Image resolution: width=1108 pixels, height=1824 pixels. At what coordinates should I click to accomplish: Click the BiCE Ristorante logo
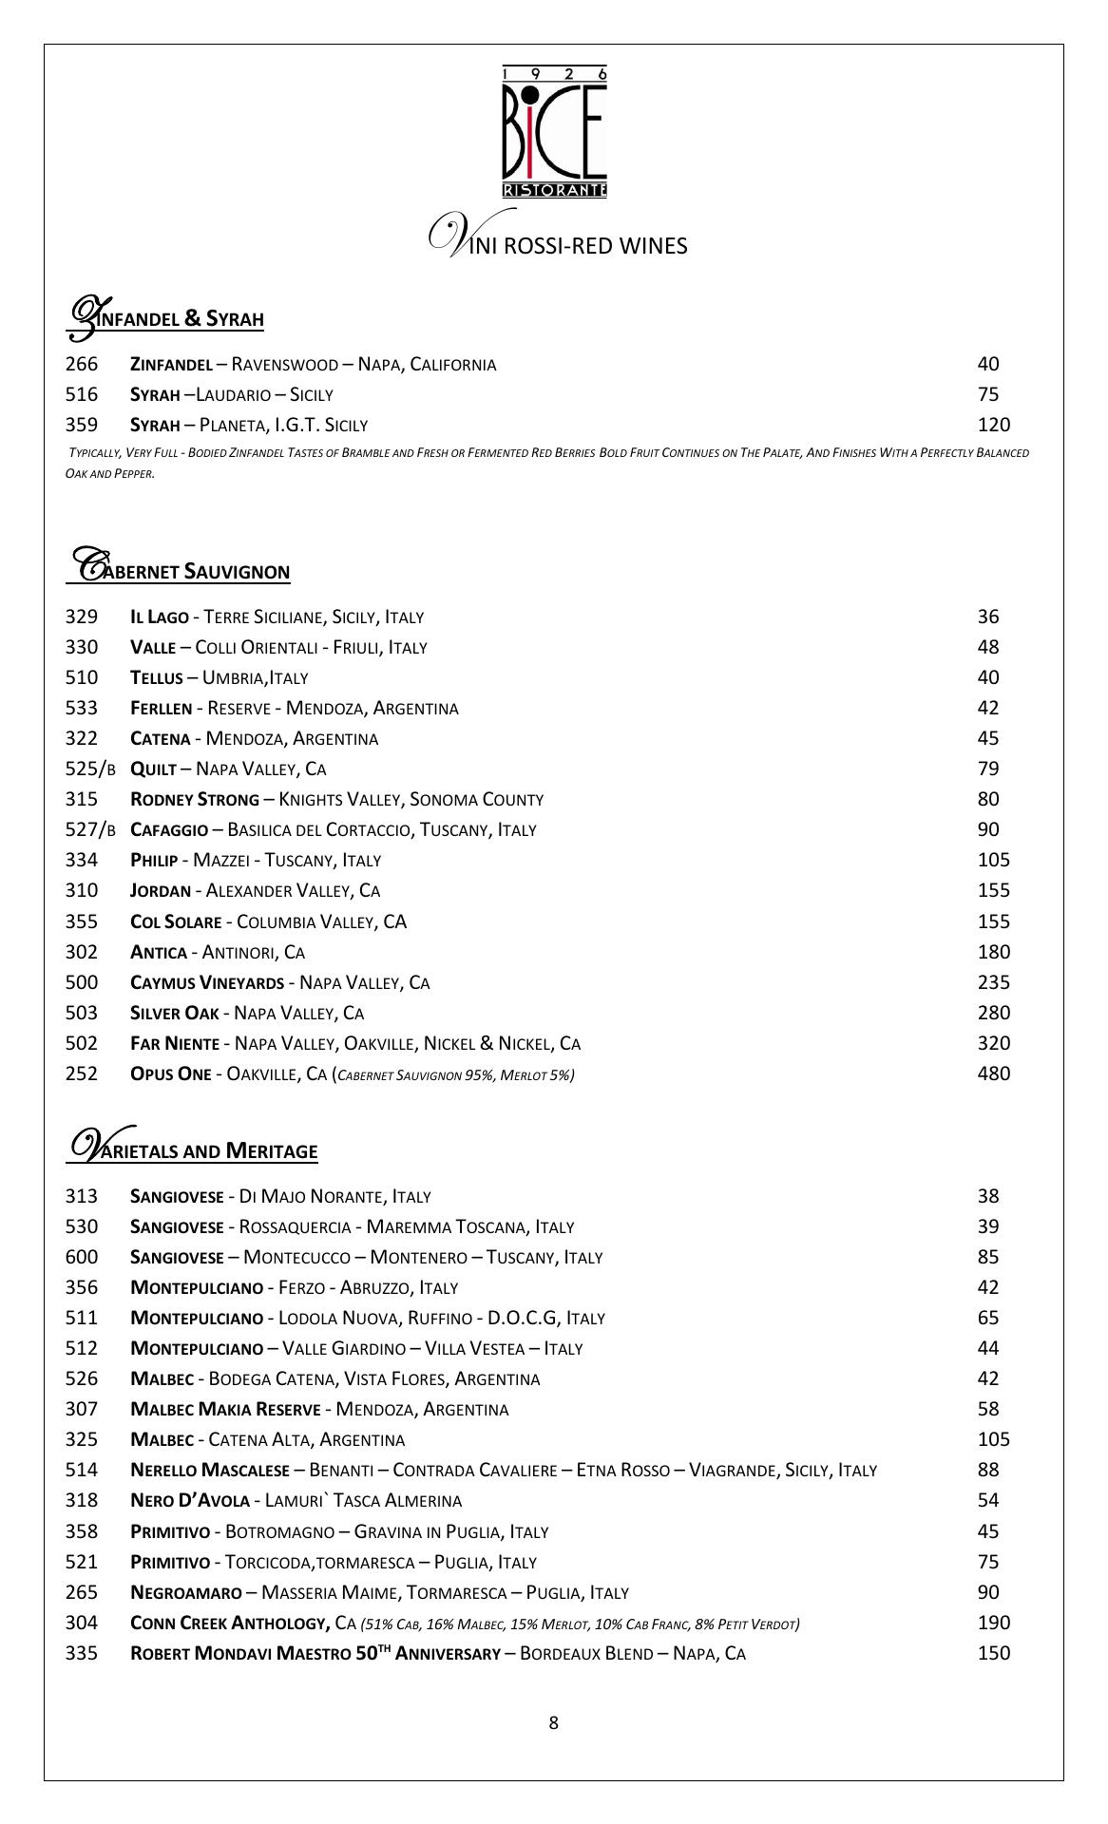[x=554, y=132]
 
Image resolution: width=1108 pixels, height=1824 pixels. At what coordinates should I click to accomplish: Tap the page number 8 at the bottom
[x=554, y=1723]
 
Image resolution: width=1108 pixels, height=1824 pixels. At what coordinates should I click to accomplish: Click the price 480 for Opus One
[x=993, y=1073]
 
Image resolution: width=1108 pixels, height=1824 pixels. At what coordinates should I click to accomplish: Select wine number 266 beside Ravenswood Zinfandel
[x=82, y=364]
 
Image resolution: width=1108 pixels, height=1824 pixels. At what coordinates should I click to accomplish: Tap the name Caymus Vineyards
[x=206, y=982]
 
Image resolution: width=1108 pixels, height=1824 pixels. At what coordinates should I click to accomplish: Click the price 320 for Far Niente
[x=993, y=1043]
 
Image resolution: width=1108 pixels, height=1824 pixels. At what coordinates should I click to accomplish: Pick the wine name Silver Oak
[x=174, y=1013]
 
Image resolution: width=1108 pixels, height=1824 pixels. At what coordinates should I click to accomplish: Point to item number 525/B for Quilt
[x=90, y=769]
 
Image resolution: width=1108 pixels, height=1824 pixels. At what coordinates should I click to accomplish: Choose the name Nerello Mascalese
[x=209, y=1470]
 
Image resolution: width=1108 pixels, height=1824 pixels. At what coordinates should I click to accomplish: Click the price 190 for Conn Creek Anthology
[x=993, y=1623]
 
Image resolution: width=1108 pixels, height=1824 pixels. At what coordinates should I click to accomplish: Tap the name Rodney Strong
[x=194, y=799]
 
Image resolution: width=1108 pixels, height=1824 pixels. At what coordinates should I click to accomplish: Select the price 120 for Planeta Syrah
[x=993, y=425]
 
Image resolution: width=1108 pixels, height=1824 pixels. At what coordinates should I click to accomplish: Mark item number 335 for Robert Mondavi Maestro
[x=82, y=1653]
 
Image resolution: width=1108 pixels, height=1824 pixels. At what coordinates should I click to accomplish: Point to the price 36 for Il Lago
[x=988, y=617]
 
